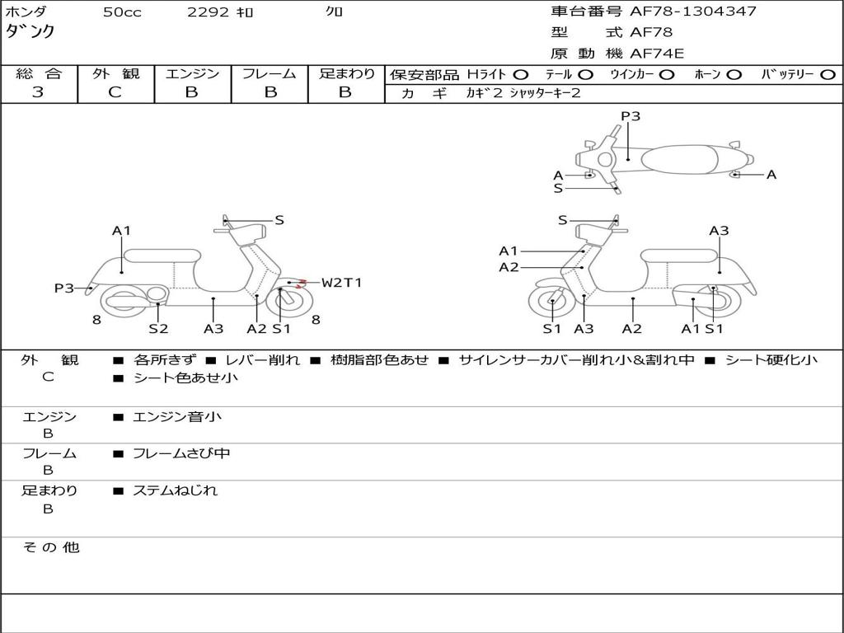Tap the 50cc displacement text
point(122,12)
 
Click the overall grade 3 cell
point(38,92)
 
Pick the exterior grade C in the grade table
point(115,92)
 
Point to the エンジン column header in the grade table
point(192,74)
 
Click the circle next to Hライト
point(521,74)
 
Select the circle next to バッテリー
point(827,74)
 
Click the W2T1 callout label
point(341,283)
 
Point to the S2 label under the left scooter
point(158,329)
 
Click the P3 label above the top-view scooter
point(631,116)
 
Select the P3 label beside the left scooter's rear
point(64,288)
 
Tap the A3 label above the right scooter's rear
point(719,231)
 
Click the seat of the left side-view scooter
point(162,256)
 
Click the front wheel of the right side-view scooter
point(551,303)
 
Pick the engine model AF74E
point(656,54)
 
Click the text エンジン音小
point(176,417)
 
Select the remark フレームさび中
point(181,453)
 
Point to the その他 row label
point(50,547)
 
